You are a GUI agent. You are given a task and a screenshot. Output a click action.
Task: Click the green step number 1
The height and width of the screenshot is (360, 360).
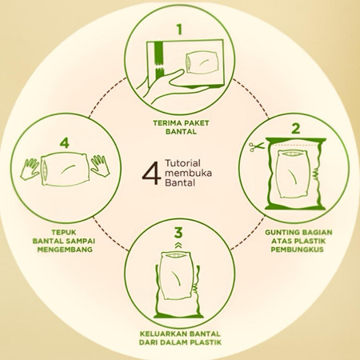point(179,29)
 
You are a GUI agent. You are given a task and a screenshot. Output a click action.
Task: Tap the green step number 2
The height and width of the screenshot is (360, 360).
point(296,129)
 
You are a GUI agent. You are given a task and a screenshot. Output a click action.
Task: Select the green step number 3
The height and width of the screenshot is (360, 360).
point(178,232)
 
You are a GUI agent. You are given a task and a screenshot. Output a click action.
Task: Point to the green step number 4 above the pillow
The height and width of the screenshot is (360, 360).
point(64,142)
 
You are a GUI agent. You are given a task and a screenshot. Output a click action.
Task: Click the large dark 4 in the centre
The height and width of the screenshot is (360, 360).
point(151,173)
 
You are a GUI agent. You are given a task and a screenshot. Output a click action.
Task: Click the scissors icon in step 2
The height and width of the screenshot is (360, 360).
point(256,146)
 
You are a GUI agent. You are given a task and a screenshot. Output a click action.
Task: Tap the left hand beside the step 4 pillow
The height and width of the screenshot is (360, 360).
point(30,169)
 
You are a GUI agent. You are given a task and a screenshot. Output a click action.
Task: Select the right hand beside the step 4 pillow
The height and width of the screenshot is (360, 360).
point(100,166)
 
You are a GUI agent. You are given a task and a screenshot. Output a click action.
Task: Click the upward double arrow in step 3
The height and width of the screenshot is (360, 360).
point(178,246)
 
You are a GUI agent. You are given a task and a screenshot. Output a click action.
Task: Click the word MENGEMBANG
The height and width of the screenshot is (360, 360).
point(65,250)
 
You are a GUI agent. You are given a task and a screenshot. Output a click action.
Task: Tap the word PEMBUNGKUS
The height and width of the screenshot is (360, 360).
point(298,250)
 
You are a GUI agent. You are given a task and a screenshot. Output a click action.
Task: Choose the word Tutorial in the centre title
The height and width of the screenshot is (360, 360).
point(182,163)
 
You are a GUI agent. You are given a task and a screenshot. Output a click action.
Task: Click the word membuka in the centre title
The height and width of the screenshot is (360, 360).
point(188,173)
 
